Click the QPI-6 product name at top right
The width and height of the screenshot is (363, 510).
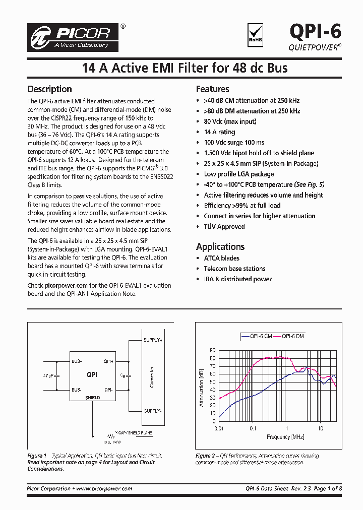[315, 32]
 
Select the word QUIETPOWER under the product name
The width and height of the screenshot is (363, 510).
[313, 46]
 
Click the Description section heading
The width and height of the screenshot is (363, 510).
[49, 89]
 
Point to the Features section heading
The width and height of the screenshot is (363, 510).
[212, 89]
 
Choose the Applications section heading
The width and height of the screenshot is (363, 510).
[220, 246]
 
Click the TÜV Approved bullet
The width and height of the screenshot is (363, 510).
[224, 227]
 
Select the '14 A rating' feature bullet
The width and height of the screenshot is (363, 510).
[219, 132]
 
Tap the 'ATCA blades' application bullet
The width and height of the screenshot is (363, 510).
[221, 258]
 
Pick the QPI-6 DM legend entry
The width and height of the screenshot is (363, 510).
[292, 336]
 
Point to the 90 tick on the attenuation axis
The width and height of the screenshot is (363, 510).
[212, 350]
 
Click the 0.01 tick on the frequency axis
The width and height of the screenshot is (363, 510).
[218, 428]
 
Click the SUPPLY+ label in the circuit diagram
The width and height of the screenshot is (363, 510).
[153, 340]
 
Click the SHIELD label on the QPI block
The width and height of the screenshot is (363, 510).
[92, 398]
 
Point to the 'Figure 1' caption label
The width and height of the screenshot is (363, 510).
[37, 456]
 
